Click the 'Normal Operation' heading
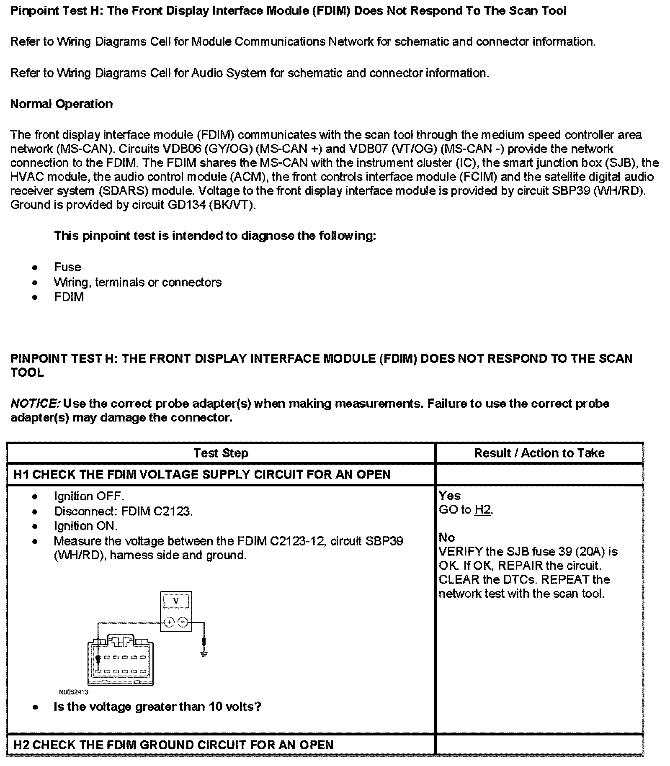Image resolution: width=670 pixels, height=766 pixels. (62, 104)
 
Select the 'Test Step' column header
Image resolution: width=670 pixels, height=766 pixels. (221, 453)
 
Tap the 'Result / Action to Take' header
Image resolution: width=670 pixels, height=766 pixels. (539, 453)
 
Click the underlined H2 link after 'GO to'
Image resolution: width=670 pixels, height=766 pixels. (483, 510)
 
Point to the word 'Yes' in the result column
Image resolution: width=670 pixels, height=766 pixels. (450, 496)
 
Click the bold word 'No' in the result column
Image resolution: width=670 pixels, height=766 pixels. (447, 537)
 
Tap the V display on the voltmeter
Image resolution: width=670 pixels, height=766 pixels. (176, 601)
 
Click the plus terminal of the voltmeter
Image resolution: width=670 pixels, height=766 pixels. (169, 622)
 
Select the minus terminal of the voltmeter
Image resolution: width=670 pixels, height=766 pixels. (183, 622)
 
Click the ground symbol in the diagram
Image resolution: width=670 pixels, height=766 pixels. (204, 654)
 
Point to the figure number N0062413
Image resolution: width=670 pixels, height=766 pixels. (73, 692)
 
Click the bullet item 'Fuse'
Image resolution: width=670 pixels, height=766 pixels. (67, 267)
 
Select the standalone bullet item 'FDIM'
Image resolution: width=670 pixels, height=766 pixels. (69, 297)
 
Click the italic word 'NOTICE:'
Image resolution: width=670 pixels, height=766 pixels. (35, 404)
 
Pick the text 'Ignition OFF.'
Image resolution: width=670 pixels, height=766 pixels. (89, 496)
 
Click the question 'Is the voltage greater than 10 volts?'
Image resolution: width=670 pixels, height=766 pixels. (157, 707)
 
